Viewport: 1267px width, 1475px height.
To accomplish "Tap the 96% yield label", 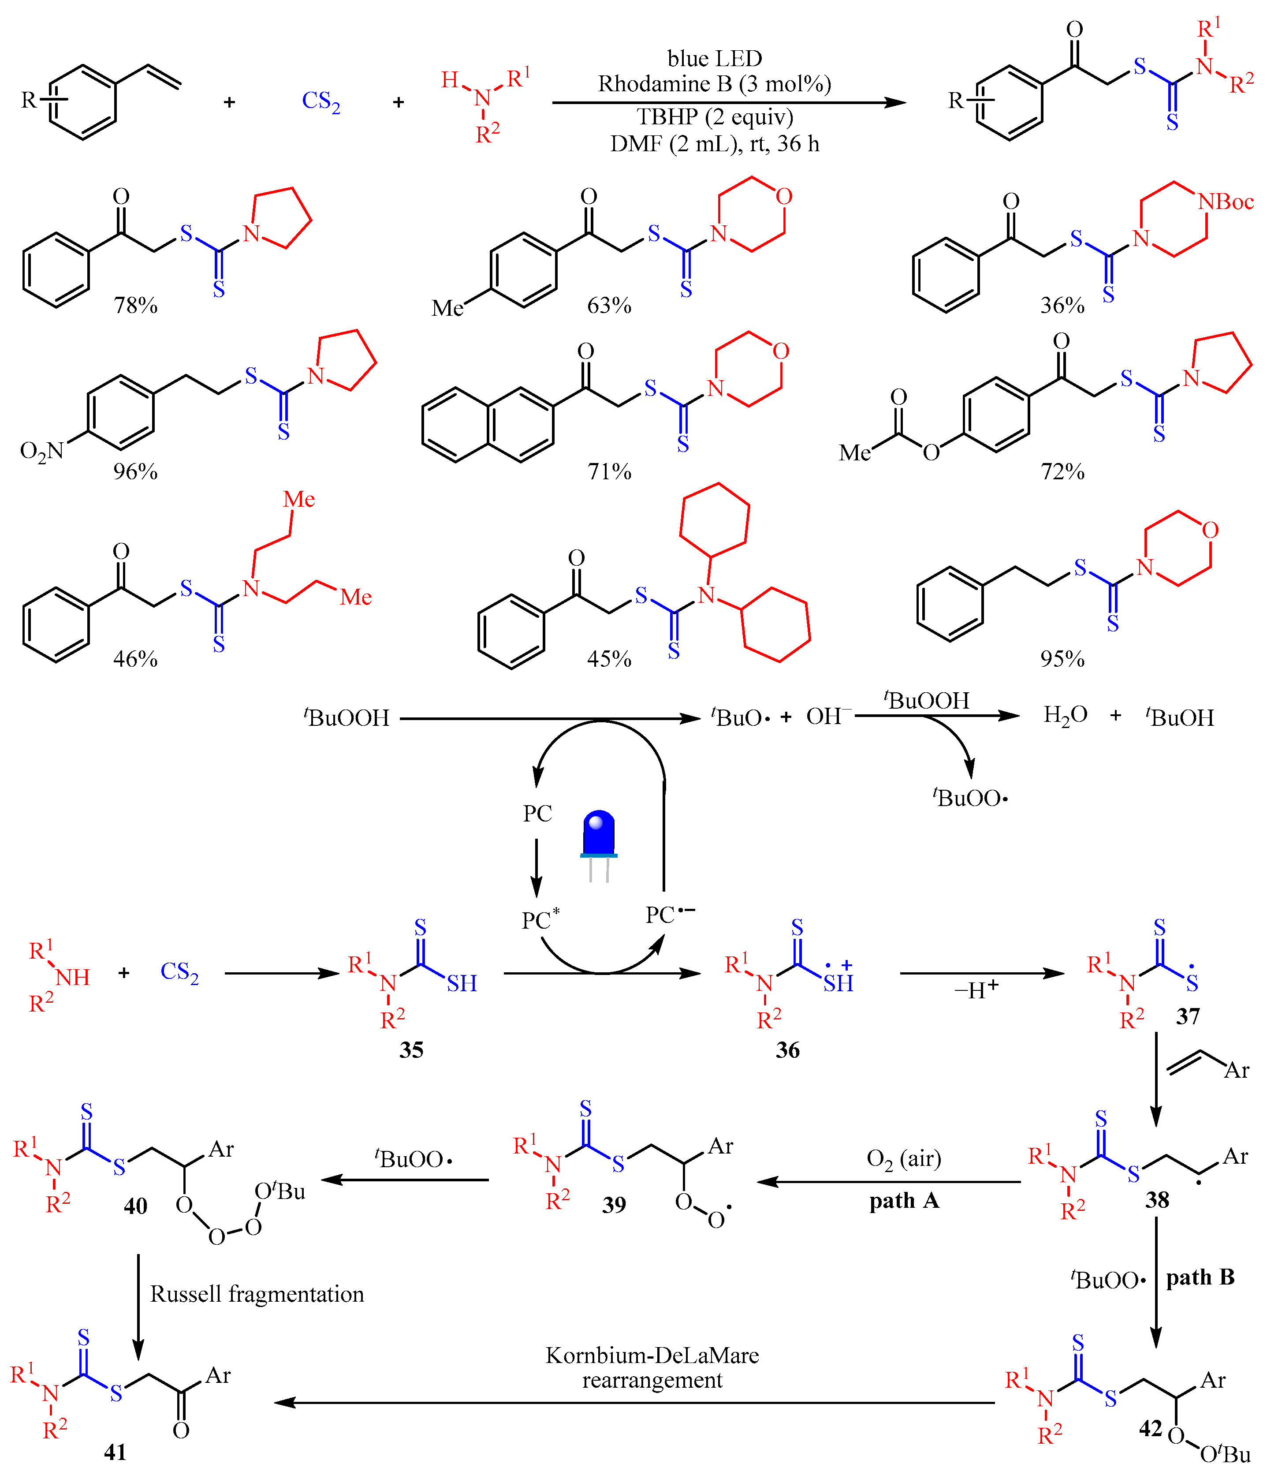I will point(135,471).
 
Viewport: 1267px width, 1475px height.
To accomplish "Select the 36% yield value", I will point(1062,306).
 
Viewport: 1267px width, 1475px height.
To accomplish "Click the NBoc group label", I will point(1226,202).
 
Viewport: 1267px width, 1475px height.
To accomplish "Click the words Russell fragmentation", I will point(257,1293).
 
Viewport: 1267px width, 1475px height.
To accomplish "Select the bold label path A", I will point(904,1201).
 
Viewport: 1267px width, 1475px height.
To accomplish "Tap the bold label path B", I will point(1200,1277).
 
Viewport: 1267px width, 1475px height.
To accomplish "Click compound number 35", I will point(411,1050).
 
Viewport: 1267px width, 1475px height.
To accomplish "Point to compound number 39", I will point(614,1205).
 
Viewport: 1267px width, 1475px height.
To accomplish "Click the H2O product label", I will point(1065,715).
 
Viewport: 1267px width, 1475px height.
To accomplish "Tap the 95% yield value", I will point(1062,658).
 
